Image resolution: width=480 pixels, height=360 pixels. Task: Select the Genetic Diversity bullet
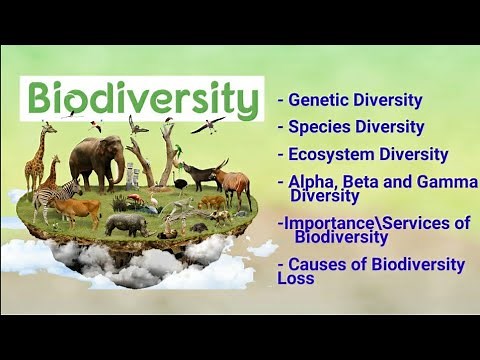click(x=354, y=100)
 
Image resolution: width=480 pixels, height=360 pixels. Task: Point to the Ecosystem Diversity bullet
click(x=367, y=154)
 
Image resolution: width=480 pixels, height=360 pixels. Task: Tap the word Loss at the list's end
click(x=297, y=278)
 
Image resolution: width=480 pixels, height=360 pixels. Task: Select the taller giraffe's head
click(x=47, y=127)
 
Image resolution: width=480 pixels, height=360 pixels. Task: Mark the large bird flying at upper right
click(x=208, y=124)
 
